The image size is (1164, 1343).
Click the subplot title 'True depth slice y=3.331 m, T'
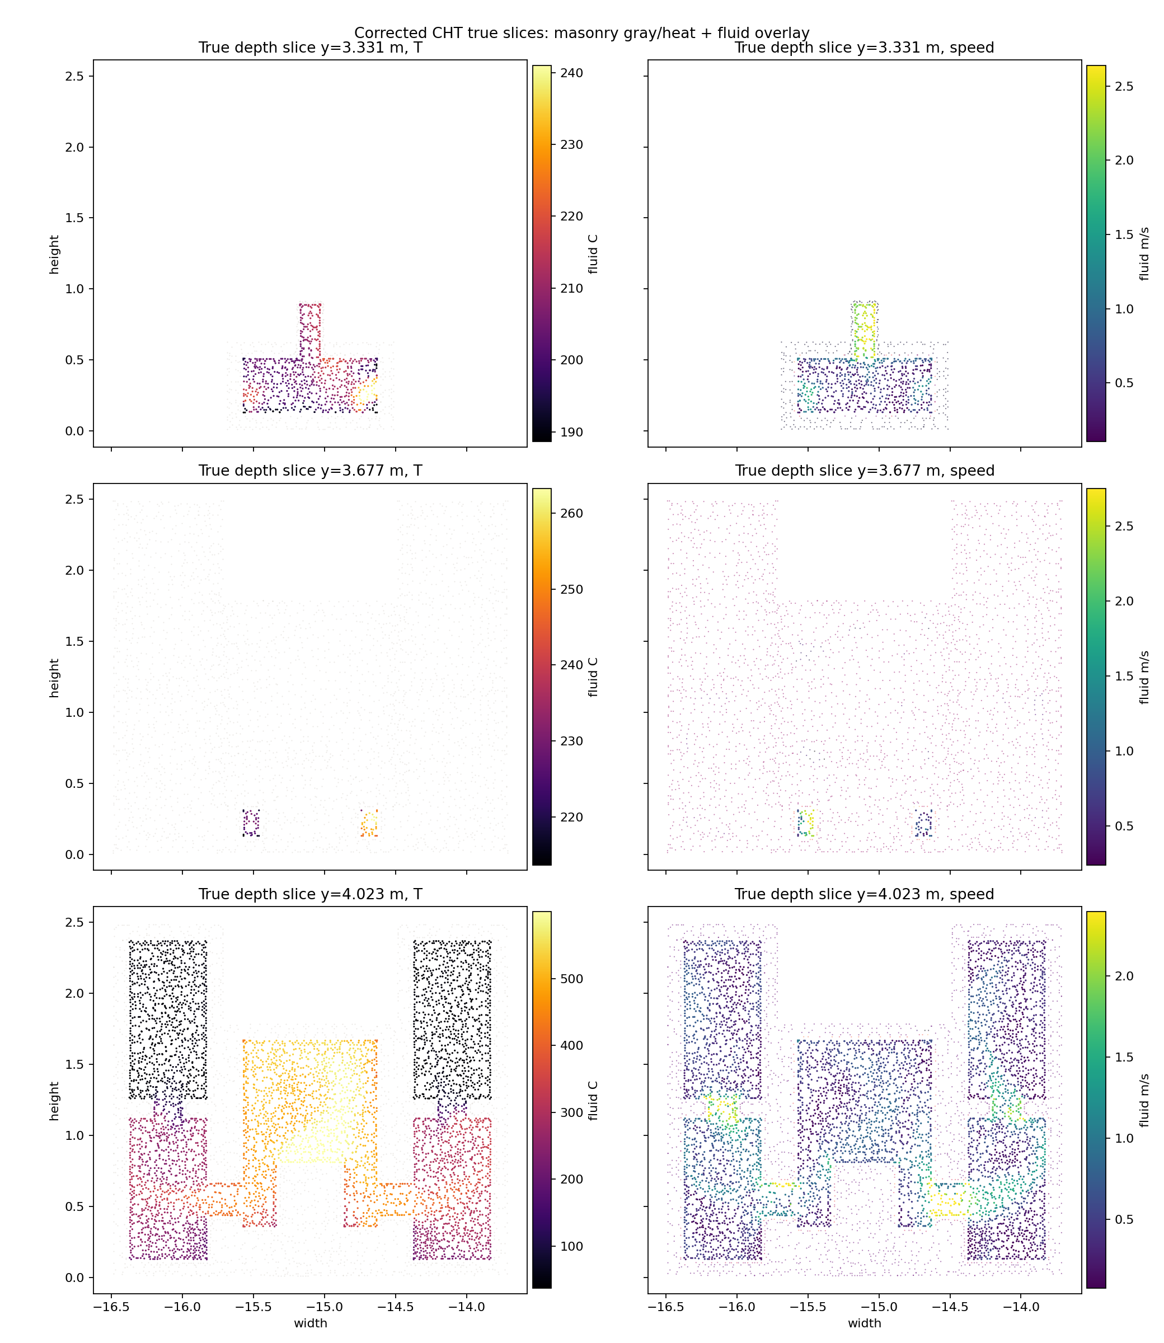point(310,48)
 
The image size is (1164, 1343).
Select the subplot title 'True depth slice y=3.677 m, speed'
point(865,471)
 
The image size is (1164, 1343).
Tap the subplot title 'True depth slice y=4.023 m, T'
point(310,894)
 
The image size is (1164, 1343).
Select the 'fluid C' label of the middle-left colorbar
point(593,677)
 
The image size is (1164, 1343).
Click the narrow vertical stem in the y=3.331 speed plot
point(865,331)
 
